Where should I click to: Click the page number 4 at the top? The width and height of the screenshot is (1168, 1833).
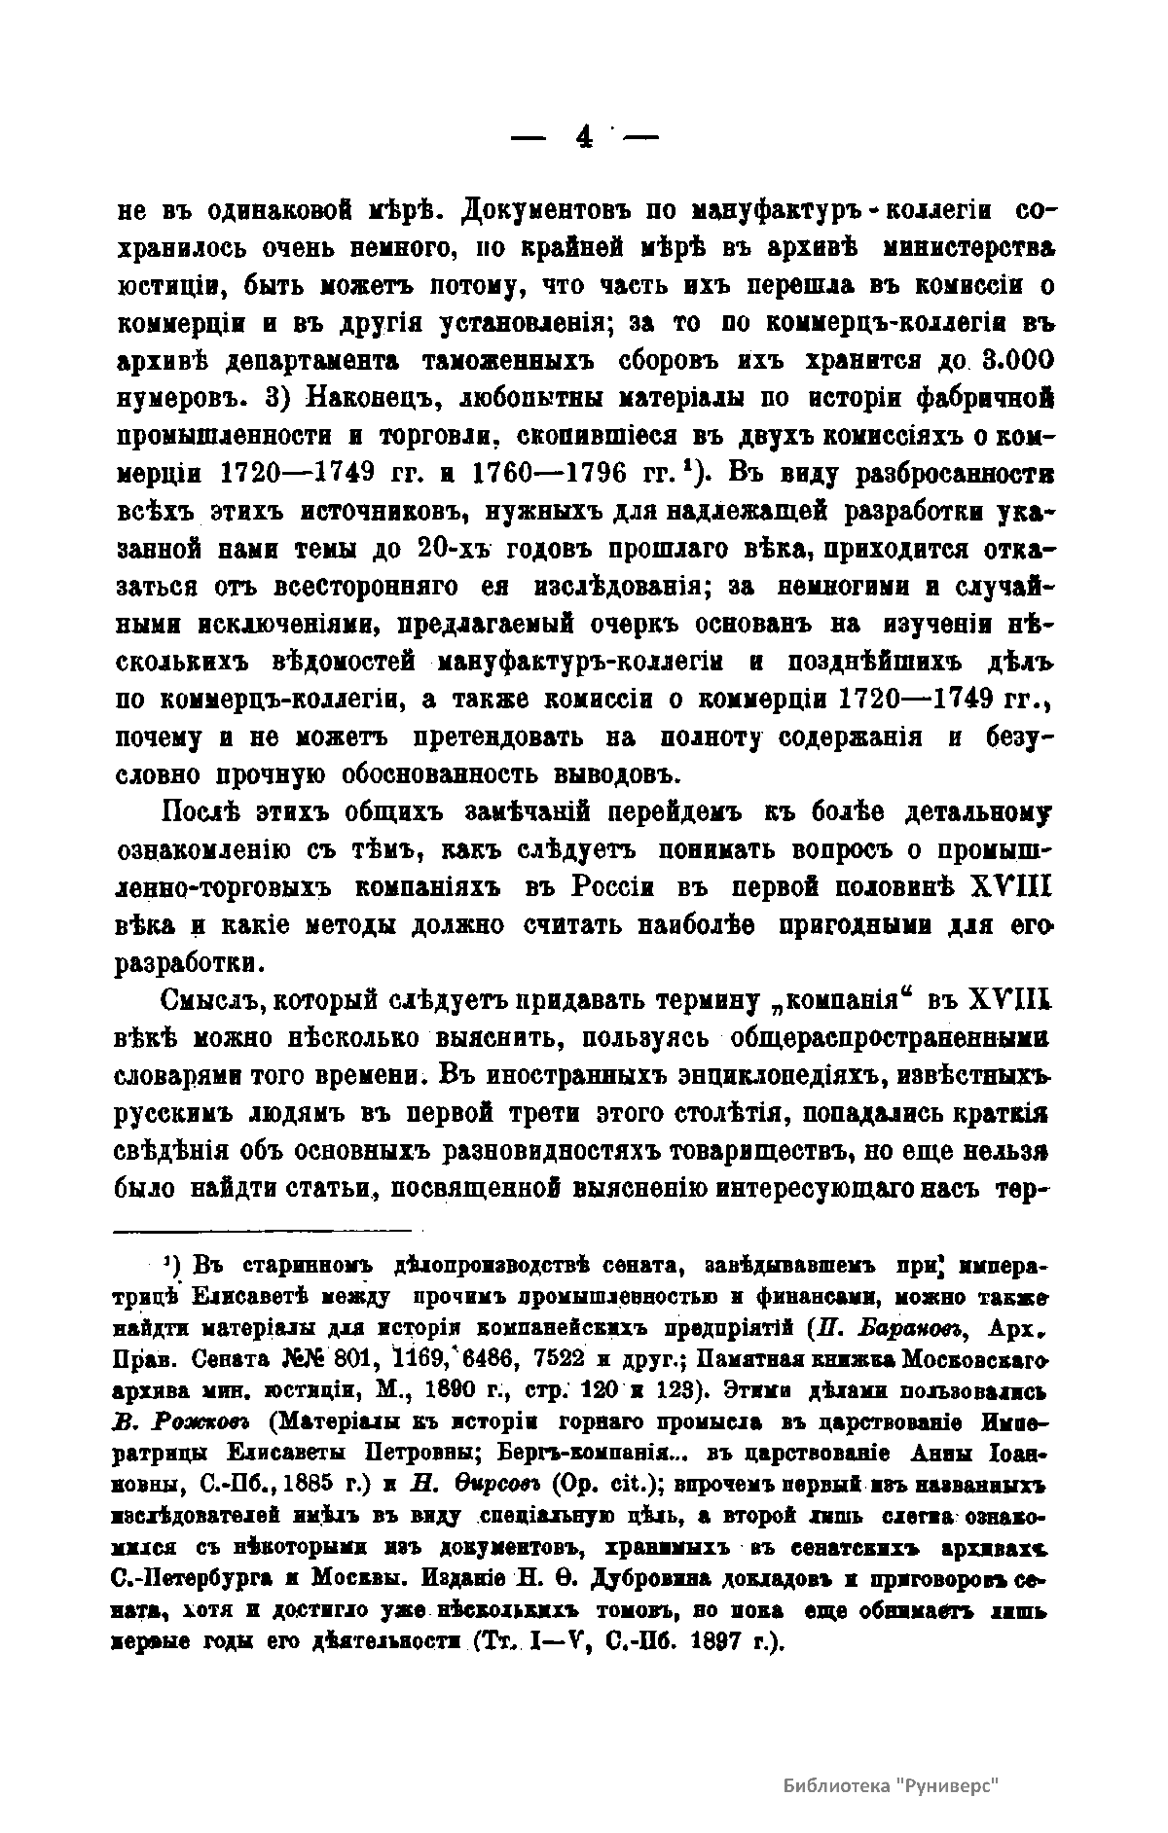point(584,137)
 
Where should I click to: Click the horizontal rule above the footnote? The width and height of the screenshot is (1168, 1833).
point(263,1231)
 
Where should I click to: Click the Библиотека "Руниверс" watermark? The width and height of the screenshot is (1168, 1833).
point(892,1786)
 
